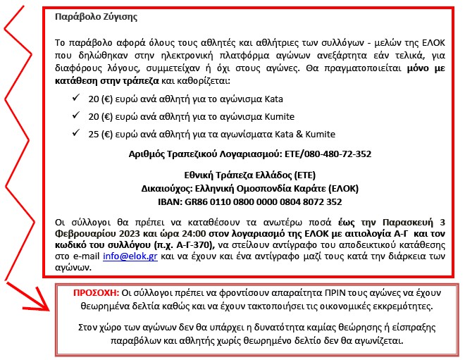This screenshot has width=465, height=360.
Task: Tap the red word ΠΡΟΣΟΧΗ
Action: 96,292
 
